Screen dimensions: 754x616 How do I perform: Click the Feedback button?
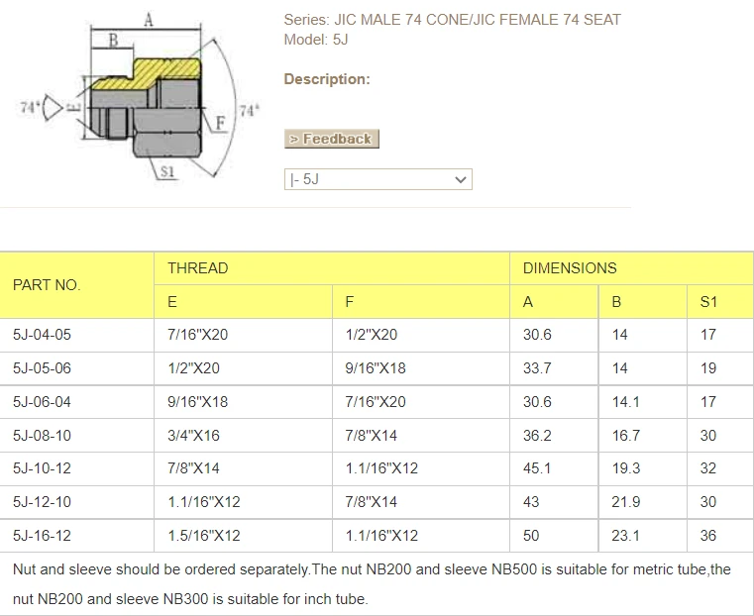[x=331, y=139]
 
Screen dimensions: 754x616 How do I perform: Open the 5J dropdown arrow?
[x=460, y=179]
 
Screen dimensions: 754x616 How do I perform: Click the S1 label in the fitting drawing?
[x=166, y=171]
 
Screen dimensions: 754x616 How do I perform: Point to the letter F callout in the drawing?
[x=220, y=123]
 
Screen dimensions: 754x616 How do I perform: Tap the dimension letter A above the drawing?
[x=149, y=20]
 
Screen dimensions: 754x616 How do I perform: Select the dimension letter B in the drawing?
[x=113, y=40]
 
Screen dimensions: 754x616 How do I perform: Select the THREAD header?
[x=197, y=268]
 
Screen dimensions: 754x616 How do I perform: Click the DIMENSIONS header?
[x=570, y=268]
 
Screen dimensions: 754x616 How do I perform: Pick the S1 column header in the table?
[x=708, y=302]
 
